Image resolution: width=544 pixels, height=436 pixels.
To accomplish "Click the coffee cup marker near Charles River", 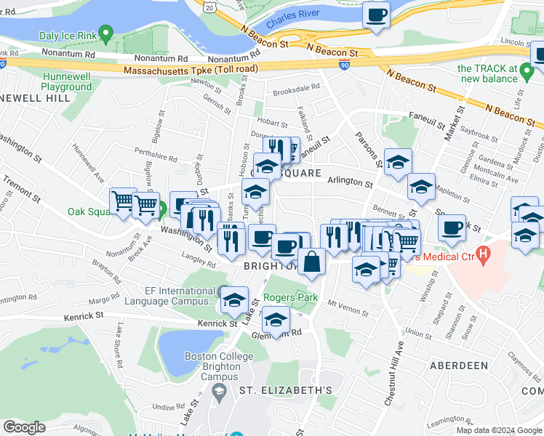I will point(376,15).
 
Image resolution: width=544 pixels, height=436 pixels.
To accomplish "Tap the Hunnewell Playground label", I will point(66,81).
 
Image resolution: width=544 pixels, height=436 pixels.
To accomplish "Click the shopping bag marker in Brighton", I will point(311,262).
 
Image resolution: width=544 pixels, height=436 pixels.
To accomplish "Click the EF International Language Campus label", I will point(171,296).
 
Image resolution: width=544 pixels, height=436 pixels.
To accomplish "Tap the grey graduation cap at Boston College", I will point(217,392).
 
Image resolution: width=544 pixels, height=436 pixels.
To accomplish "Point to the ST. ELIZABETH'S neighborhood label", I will point(286,390).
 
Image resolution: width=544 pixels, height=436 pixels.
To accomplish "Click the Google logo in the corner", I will point(25,427).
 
